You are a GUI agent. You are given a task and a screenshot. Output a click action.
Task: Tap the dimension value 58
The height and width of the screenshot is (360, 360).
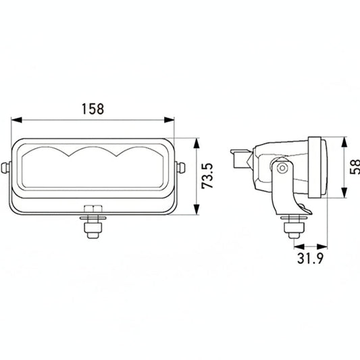click(x=354, y=168)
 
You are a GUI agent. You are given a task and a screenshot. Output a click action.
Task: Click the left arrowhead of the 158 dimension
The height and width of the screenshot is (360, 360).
click(x=14, y=120)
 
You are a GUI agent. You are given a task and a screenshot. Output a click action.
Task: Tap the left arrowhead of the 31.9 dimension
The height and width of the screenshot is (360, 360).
click(x=293, y=246)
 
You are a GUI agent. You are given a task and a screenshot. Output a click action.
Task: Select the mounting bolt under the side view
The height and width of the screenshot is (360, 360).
click(x=292, y=226)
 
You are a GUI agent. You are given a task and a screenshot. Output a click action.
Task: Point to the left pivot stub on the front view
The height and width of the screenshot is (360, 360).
click(x=7, y=166)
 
